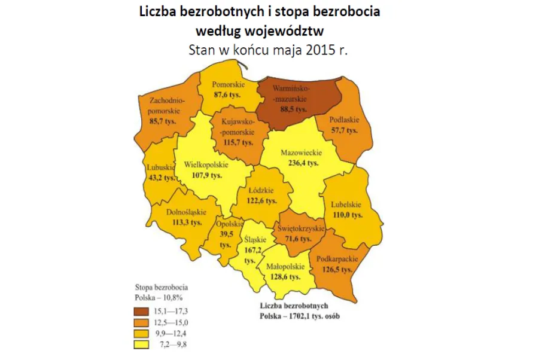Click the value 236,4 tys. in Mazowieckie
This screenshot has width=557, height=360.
(x=301, y=162)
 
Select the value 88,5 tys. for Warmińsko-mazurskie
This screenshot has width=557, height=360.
(x=293, y=109)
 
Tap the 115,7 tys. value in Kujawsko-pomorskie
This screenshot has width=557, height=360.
(x=238, y=143)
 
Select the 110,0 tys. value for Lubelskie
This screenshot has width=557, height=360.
(x=346, y=214)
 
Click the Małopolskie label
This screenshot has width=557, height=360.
(x=283, y=269)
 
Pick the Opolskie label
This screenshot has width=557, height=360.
(x=227, y=224)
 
